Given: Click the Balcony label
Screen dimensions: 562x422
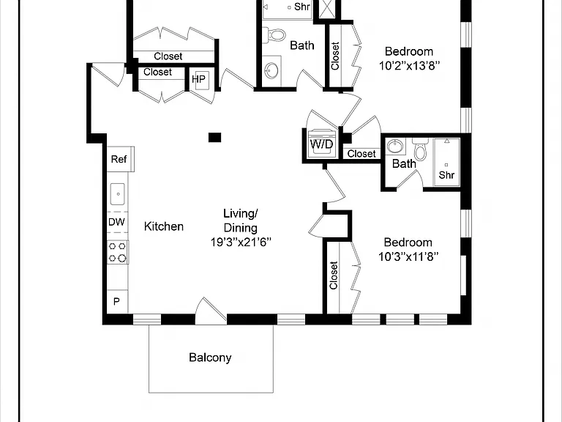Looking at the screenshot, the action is pos(210,358).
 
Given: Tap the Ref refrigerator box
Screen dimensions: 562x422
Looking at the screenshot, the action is pos(121,159).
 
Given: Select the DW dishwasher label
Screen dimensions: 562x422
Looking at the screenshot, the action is pos(116,222).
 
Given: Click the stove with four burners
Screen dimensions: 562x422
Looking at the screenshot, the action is pos(118,252).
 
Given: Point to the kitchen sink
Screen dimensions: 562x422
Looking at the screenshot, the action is pos(118,193).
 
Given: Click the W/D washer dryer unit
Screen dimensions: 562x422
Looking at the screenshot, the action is pos(322,144).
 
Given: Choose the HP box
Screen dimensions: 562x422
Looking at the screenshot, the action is pos(199,79).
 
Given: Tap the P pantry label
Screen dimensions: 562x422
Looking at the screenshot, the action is pos(116,301).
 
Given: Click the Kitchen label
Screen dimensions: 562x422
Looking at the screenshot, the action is pos(164,226).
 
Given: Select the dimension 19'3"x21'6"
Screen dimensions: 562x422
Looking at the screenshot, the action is pos(241,243).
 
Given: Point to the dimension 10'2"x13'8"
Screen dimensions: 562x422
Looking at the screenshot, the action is pos(409,66).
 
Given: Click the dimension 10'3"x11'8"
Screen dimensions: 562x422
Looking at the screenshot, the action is pos(408,256).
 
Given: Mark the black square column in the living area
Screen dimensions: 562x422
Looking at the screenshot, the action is pos(214,138).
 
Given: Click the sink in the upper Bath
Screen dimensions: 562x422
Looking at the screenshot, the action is pos(271,70).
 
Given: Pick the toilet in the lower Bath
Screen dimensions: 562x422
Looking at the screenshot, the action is pos(420,149).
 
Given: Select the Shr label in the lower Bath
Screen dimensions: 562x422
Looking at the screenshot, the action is pos(446,175).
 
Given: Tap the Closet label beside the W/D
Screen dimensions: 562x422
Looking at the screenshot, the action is pos(361,154).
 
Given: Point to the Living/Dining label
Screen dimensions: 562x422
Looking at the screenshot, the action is pos(241,221).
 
